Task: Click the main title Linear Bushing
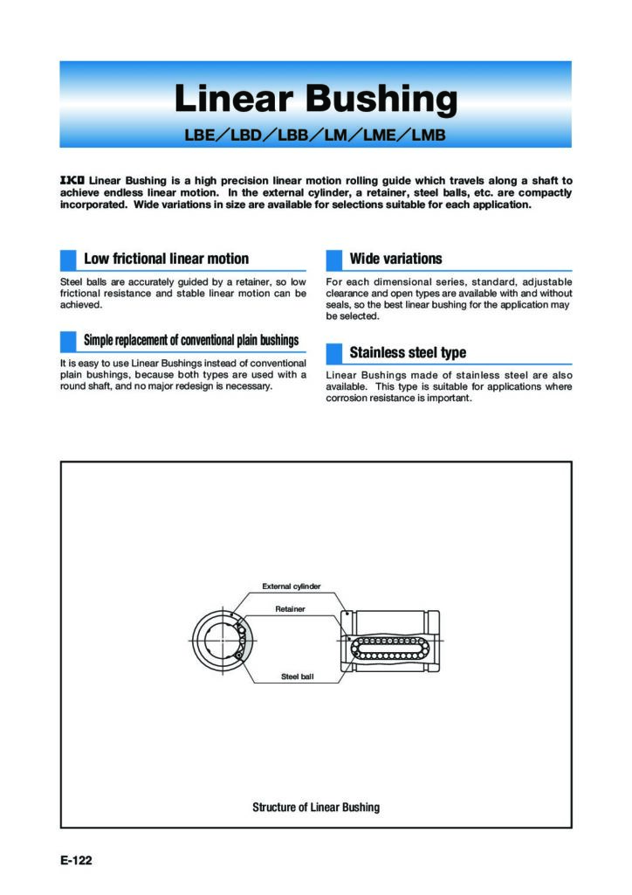315,99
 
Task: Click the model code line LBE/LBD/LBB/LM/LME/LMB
315,135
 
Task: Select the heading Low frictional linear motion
166,259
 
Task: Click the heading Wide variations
395,259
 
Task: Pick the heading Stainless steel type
408,353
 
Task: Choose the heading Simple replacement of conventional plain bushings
191,340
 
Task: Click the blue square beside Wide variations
333,259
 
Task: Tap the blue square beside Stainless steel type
333,353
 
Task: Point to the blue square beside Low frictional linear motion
68,259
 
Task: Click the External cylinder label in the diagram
291,586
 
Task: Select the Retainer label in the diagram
290,608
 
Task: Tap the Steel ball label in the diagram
297,676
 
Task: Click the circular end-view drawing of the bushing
223,641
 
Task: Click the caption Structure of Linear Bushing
315,807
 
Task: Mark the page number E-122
76,861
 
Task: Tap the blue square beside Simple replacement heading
68,340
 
